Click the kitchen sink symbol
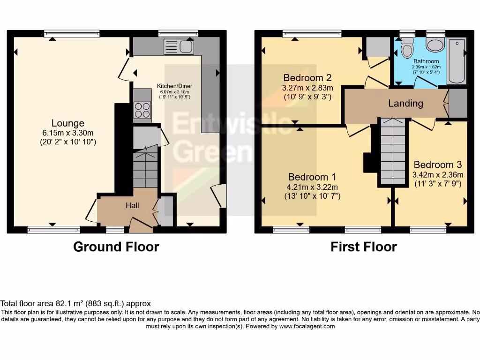click(179, 46)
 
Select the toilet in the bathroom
click(407, 50)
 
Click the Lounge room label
click(68, 123)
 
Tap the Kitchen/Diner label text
click(174, 86)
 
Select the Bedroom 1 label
click(312, 177)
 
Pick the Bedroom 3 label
click(437, 165)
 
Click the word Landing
click(405, 103)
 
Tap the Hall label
click(132, 205)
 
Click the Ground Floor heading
click(116, 247)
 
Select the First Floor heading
click(363, 247)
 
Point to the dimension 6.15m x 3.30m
click(68, 133)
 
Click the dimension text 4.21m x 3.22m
click(312, 187)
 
